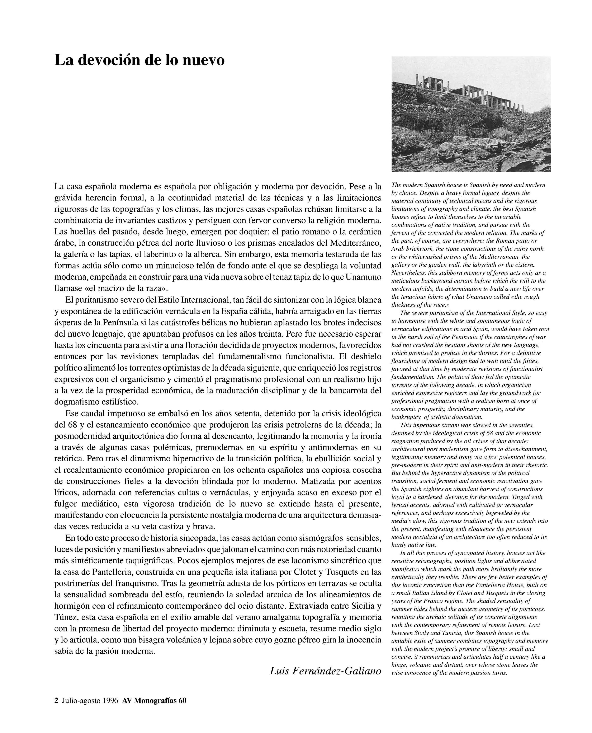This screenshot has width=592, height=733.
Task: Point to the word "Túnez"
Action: [66, 617]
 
